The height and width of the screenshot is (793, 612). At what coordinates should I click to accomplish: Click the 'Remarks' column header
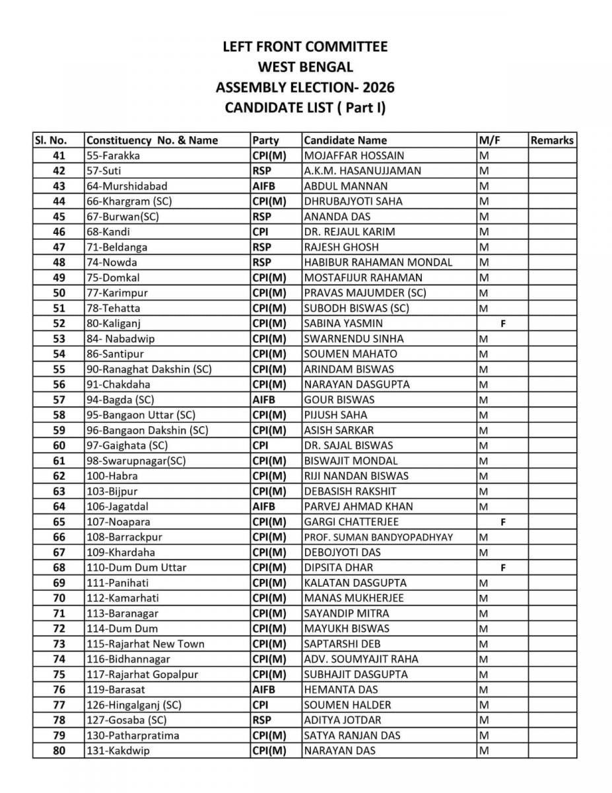pos(552,140)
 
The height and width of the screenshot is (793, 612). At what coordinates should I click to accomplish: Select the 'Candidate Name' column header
pos(345,140)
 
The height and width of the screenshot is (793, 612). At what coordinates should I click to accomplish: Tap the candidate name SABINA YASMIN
pos(343,323)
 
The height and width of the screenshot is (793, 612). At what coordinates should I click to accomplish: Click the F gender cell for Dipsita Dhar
pos(503,568)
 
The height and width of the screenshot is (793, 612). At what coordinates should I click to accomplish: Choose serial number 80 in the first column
pos(59,751)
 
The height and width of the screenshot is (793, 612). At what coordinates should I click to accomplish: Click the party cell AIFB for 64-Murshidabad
pos(263,186)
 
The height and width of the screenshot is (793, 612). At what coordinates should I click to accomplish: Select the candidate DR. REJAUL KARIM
pos(349,232)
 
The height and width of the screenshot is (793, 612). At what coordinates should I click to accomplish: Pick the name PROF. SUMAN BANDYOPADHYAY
pos(378,537)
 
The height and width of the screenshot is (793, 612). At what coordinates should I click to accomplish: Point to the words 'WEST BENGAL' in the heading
pos(305,67)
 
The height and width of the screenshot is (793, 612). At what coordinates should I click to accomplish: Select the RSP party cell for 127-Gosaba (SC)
pos(261,720)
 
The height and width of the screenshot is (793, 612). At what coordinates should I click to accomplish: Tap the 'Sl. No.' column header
pos(51,140)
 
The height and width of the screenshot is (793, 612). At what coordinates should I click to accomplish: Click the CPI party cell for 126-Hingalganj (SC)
pos(259,705)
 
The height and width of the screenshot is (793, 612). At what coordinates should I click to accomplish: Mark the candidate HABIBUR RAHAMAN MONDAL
pos(378,262)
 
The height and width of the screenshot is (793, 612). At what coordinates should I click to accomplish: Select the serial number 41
pos(59,155)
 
